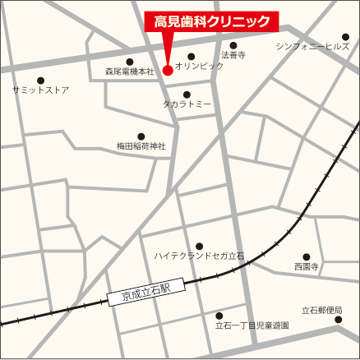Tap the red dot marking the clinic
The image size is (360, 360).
pyautogui.click(x=168, y=71)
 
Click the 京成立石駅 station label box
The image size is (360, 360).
pyautogui.click(x=145, y=291)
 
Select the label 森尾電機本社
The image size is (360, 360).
pyautogui.click(x=130, y=72)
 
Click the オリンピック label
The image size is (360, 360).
pyautogui.click(x=199, y=66)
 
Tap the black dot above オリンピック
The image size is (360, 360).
pyautogui.click(x=192, y=57)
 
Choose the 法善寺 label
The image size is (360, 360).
pyautogui.click(x=233, y=55)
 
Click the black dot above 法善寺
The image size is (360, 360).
pyautogui.click(x=233, y=45)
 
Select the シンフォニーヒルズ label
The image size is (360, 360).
pyautogui.click(x=312, y=47)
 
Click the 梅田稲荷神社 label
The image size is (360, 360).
pyautogui.click(x=141, y=146)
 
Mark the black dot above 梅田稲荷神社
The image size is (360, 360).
pyautogui.click(x=141, y=136)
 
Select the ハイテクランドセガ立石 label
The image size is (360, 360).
pyautogui.click(x=199, y=256)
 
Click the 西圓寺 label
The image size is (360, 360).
pyautogui.click(x=306, y=267)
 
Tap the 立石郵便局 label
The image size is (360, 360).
pyautogui.click(x=321, y=310)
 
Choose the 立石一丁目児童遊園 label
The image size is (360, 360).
pyautogui.click(x=252, y=325)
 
